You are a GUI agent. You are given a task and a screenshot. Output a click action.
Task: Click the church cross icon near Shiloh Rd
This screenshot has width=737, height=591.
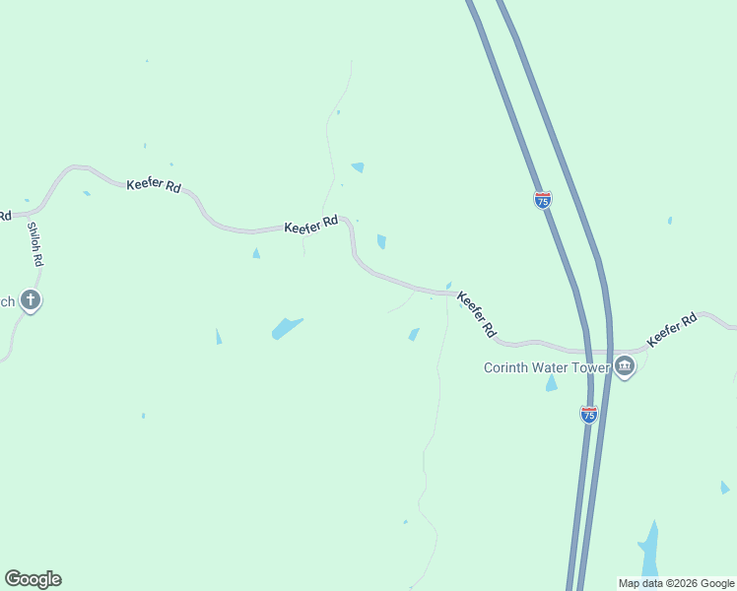tap(31, 300)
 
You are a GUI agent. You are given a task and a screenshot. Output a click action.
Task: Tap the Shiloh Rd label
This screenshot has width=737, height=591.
tap(35, 244)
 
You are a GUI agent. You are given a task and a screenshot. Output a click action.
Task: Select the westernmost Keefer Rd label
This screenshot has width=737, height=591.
tap(154, 185)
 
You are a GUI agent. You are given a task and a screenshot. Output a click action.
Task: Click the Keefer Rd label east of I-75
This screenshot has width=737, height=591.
tap(672, 330)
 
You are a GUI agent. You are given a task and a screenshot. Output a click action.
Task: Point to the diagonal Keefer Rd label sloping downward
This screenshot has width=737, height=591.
tap(477, 315)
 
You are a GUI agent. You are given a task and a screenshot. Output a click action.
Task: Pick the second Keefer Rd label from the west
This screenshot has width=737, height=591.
tap(311, 226)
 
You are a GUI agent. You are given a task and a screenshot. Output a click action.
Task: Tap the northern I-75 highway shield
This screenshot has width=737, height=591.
tap(543, 200)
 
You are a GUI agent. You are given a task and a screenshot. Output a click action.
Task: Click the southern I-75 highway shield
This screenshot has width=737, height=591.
tap(589, 415)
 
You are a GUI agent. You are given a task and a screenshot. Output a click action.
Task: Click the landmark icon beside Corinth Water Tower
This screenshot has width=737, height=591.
tap(624, 368)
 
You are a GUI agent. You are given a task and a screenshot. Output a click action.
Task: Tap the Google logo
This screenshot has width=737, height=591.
tap(33, 579)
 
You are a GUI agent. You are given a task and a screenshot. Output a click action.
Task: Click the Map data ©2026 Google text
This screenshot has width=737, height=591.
tap(676, 583)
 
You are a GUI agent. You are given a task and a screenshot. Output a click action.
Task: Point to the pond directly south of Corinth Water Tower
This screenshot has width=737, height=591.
tap(551, 383)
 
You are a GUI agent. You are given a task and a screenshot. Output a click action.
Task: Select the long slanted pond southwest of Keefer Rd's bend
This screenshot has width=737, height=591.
tap(287, 328)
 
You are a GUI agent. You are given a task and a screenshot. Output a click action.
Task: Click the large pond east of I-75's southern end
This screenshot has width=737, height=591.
tap(649, 549)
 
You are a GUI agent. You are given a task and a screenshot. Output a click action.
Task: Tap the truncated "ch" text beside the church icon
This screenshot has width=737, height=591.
tap(7, 301)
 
